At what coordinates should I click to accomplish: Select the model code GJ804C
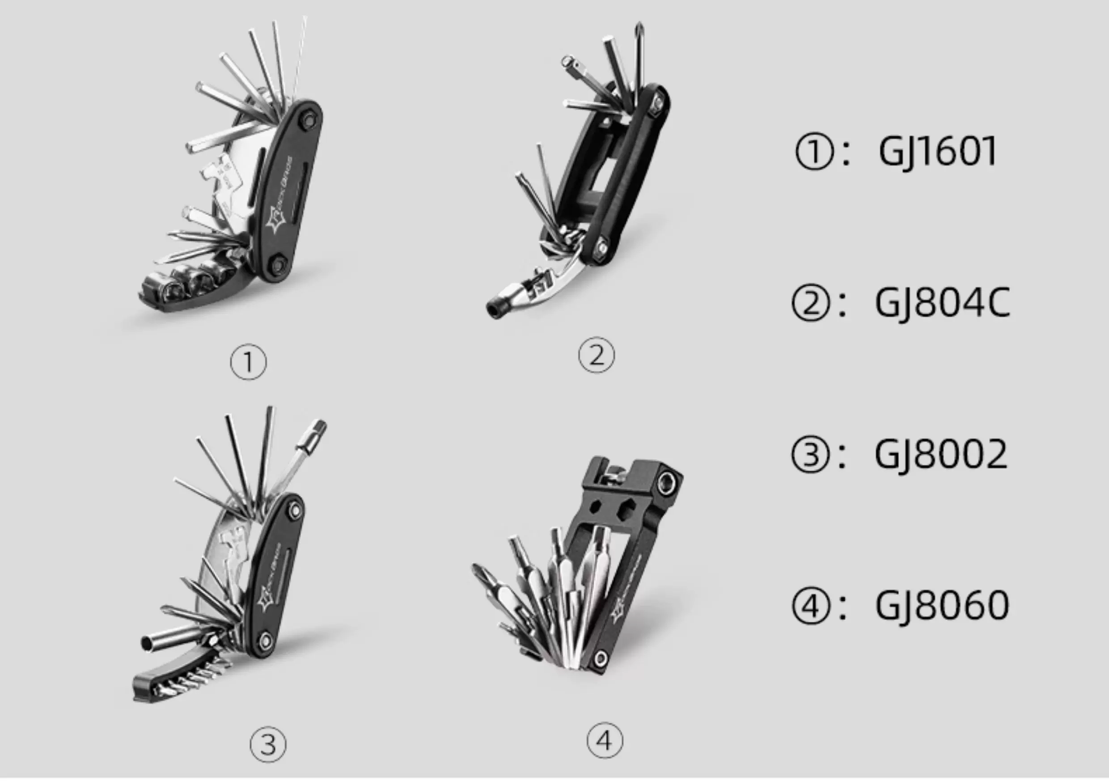click(x=942, y=303)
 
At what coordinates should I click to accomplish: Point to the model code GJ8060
click(x=942, y=605)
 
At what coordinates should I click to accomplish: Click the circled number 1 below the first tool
click(x=248, y=362)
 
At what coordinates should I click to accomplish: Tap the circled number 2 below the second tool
click(x=597, y=355)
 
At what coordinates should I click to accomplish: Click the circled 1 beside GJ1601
click(x=814, y=152)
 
